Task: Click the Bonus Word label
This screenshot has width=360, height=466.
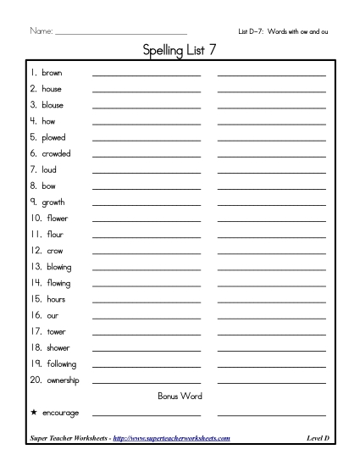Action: [x=180, y=396]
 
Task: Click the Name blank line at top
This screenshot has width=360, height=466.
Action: [x=119, y=33]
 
